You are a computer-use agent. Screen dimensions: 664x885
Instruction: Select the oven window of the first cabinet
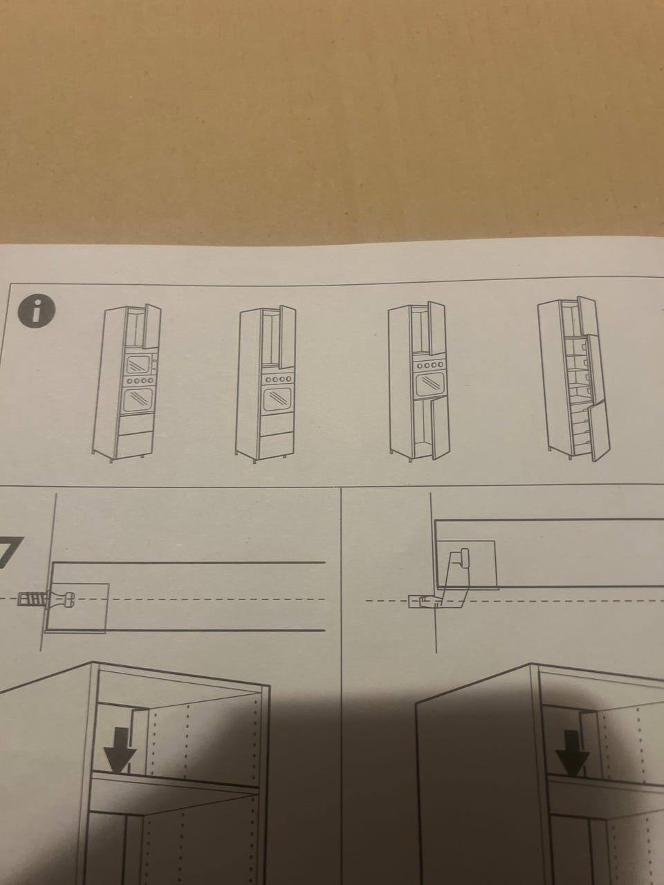138,400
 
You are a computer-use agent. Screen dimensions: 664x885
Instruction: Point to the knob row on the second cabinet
277,380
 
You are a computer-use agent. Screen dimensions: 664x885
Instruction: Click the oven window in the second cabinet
277,400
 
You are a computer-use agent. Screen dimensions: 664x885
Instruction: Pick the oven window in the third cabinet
430,384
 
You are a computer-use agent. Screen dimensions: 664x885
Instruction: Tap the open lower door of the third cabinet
441,427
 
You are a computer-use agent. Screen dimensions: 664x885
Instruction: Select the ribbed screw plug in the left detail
33,599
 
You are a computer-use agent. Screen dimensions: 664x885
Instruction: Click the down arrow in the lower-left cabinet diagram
120,751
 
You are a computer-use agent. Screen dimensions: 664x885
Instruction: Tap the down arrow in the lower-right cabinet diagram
573,752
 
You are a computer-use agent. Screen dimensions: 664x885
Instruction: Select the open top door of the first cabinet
153,326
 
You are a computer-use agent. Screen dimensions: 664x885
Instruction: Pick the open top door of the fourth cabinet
588,317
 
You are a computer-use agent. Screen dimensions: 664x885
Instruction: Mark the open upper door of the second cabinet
288,337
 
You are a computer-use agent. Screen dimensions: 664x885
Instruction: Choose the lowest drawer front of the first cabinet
135,445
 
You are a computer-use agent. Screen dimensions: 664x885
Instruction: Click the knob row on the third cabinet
431,364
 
